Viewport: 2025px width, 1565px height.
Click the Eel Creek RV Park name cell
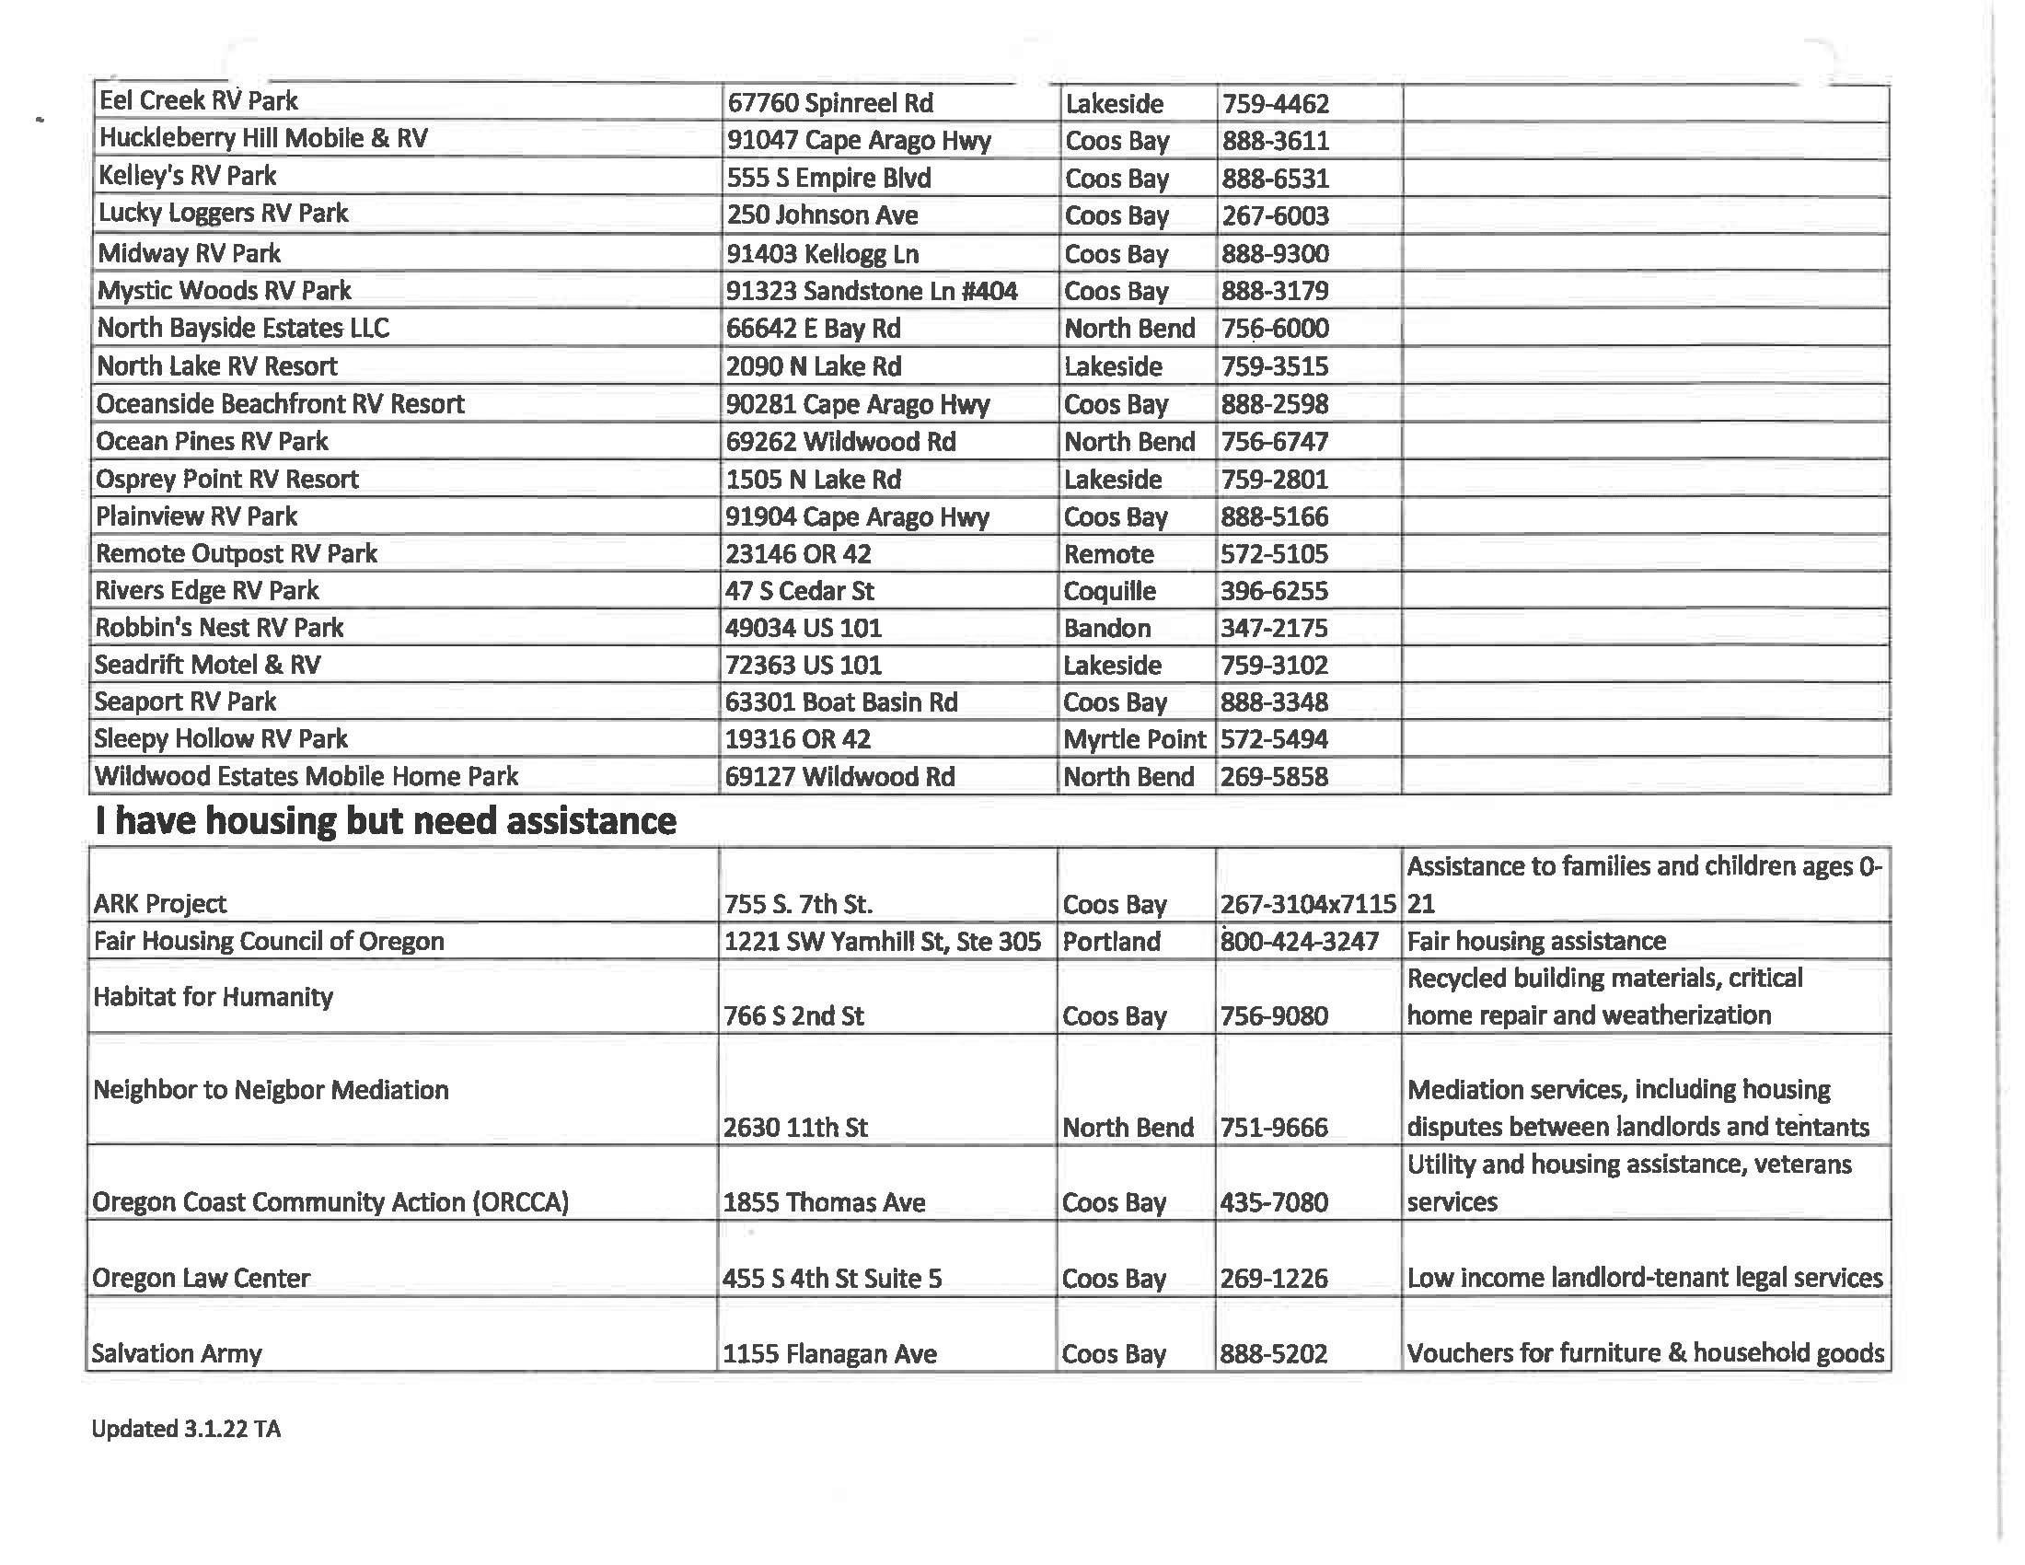click(199, 101)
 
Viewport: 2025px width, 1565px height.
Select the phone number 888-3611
click(1275, 141)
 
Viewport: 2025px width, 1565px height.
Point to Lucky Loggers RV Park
click(224, 214)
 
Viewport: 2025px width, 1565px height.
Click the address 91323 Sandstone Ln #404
click(871, 291)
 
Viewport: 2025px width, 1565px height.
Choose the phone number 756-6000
click(1274, 329)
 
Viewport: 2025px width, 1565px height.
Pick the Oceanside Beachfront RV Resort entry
click(280, 404)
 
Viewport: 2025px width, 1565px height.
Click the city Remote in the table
click(1108, 554)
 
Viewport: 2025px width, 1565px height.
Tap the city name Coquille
click(1109, 592)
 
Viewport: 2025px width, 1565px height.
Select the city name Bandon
click(1106, 629)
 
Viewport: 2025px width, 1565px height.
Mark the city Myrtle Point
click(1134, 740)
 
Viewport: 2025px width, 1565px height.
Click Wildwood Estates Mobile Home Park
click(306, 776)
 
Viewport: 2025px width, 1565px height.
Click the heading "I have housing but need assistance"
click(386, 821)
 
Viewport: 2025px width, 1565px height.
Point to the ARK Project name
click(159, 904)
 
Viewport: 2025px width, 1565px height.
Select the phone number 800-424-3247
click(1299, 942)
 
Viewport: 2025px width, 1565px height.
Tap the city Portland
click(1111, 942)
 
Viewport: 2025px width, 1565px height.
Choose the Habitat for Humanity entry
click(213, 997)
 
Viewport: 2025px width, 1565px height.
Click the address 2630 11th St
click(794, 1128)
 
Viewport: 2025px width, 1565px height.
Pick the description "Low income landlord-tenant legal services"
click(1644, 1279)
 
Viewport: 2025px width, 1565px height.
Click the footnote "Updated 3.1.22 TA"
click(185, 1429)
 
